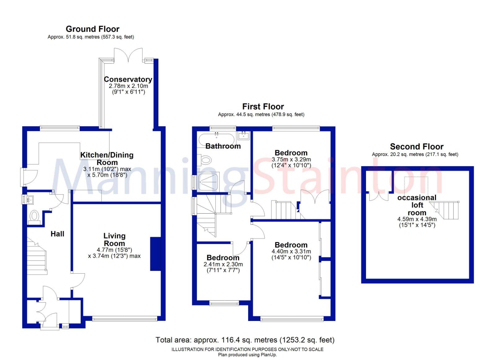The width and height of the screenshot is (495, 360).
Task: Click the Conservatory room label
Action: [x=128, y=80]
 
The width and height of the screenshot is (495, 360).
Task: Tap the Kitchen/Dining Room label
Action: [x=107, y=158]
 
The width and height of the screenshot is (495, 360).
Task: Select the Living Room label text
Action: [x=114, y=240]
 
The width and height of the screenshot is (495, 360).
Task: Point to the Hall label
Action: [x=57, y=234]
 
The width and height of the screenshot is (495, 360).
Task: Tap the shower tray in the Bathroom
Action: [x=209, y=181]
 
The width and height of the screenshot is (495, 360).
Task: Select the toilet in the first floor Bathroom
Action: [x=205, y=160]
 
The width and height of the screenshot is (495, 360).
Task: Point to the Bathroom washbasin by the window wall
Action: [x=244, y=135]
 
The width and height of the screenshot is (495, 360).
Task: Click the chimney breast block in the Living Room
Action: [x=155, y=254]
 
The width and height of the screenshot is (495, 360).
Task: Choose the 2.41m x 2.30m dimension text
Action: [x=223, y=264]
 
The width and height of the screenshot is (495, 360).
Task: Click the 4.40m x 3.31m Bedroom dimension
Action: [x=291, y=251]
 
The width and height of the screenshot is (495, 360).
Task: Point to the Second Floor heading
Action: [x=416, y=146]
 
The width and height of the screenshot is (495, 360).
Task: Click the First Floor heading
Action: [x=263, y=106]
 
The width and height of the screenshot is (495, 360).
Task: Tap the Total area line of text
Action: [x=245, y=340]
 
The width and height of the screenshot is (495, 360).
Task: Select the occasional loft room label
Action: [x=417, y=205]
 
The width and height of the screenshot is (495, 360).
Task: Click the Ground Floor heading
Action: [x=93, y=29]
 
